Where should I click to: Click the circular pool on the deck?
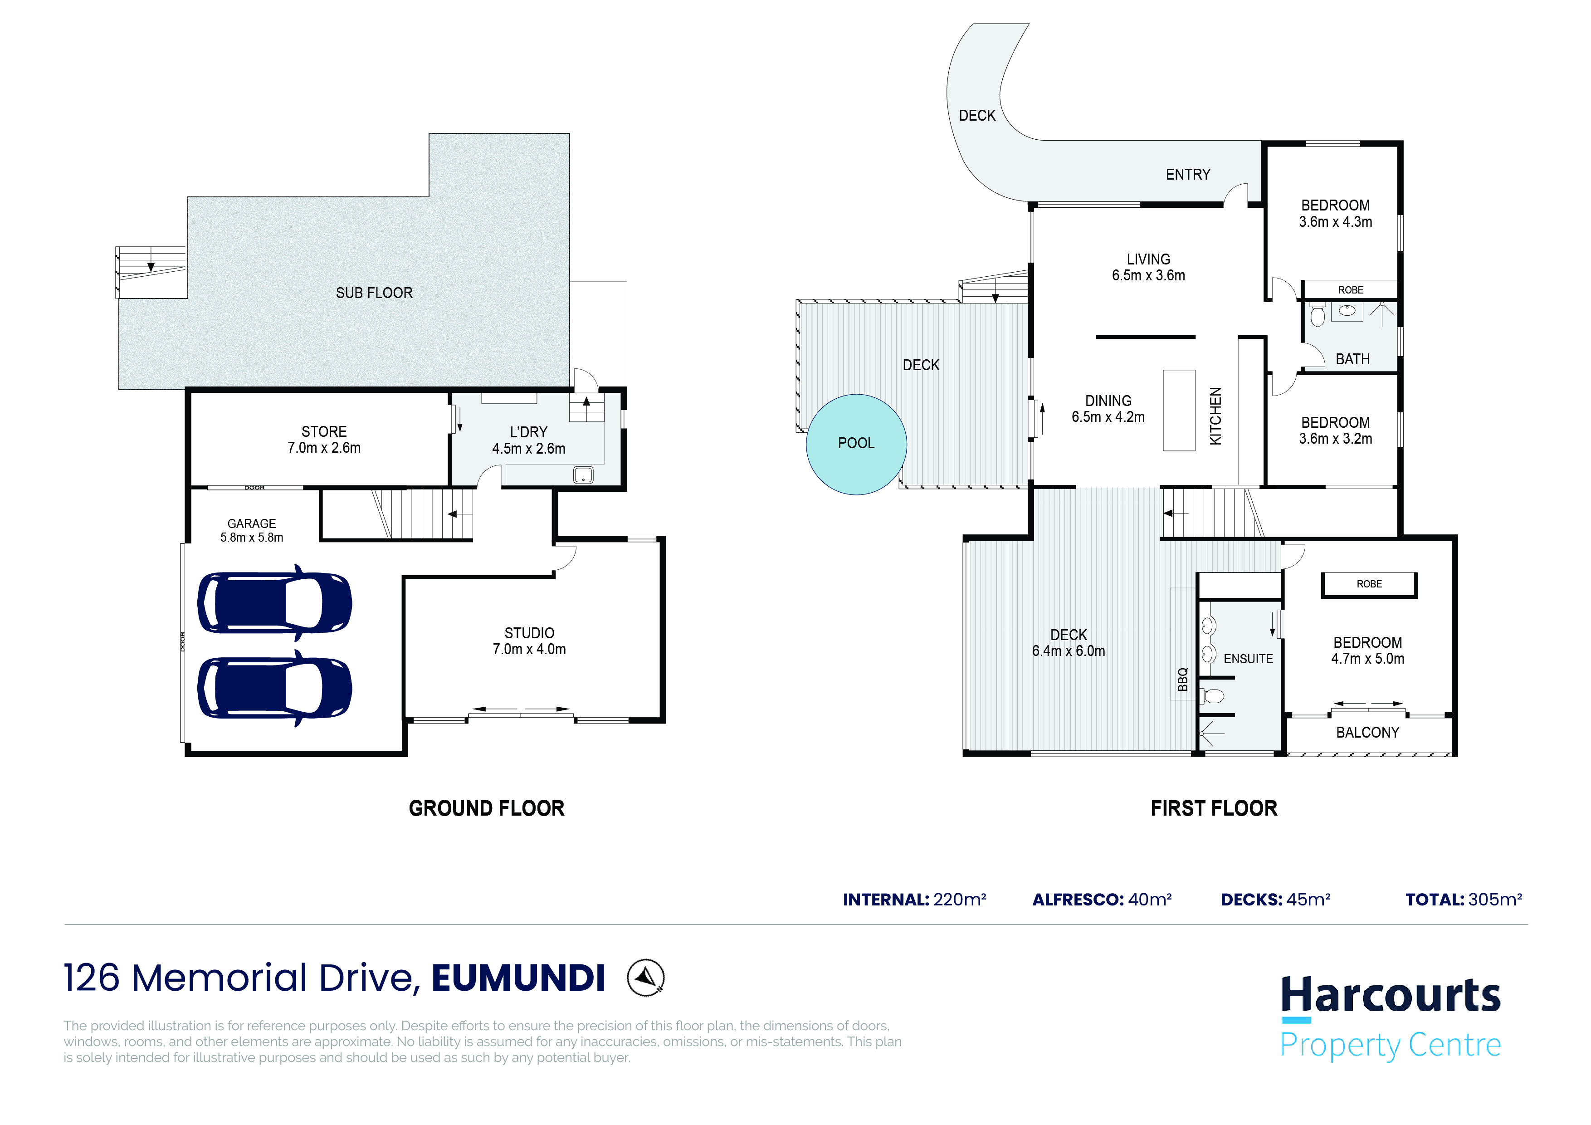[x=856, y=444]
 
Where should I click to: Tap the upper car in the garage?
[x=274, y=603]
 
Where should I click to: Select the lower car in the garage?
[x=274, y=688]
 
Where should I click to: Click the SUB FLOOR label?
[x=374, y=293]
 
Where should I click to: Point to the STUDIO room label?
[x=529, y=633]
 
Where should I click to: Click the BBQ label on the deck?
[x=1183, y=679]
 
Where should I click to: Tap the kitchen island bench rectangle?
[x=1179, y=411]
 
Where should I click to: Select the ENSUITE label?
[x=1248, y=659]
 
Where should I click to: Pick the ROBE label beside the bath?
[x=1351, y=290]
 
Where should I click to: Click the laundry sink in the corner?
[x=583, y=475]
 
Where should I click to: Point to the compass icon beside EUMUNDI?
[x=646, y=978]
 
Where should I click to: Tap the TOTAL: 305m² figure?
[x=1464, y=900]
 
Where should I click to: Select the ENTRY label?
[x=1188, y=175]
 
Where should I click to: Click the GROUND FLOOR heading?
[x=487, y=808]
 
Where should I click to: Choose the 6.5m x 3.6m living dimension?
[x=1148, y=276]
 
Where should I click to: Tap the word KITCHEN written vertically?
[x=1215, y=416]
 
